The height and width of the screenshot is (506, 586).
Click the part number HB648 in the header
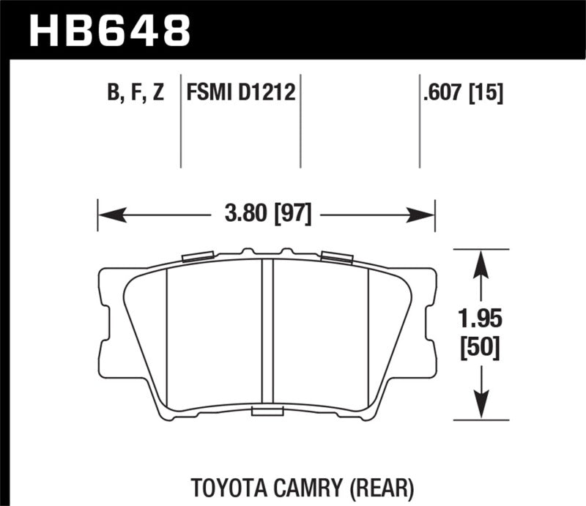[109, 31]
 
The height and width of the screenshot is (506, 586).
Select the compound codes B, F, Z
[136, 94]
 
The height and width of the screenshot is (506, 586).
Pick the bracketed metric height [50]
[480, 349]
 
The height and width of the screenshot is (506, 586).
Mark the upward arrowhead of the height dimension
[480, 262]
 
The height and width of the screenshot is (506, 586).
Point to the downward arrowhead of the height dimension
[480, 407]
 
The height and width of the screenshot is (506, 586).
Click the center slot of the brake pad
[267, 333]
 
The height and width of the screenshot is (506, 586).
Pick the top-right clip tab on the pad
[336, 256]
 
